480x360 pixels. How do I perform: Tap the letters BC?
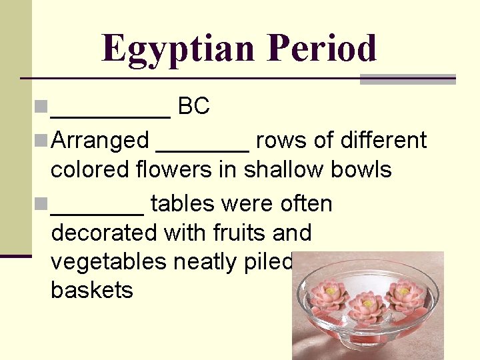pyautogui.click(x=194, y=106)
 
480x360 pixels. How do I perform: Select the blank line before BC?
pyautogui.click(x=111, y=113)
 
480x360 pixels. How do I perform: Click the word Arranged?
pyautogui.click(x=100, y=141)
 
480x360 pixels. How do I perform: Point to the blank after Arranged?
pyautogui.click(x=203, y=148)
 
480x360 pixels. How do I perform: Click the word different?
pyautogui.click(x=383, y=141)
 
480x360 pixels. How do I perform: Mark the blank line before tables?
pyautogui.click(x=97, y=211)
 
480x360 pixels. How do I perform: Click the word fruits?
pyautogui.click(x=235, y=233)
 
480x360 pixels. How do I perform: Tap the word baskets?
pyautogui.click(x=92, y=291)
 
